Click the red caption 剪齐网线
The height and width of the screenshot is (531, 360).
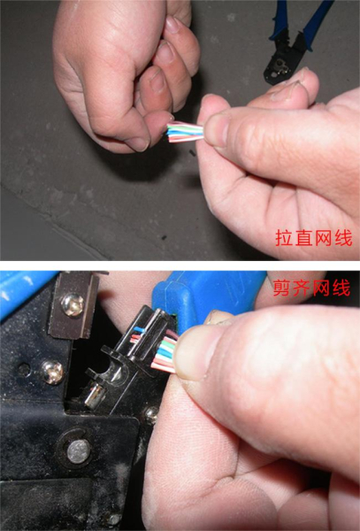[312, 288]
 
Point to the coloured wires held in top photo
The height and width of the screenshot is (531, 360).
[185, 133]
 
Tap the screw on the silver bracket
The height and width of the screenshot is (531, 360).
[73, 304]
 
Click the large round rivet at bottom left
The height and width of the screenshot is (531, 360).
[79, 451]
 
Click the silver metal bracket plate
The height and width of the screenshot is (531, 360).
[74, 301]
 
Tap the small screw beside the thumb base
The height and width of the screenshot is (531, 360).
[151, 412]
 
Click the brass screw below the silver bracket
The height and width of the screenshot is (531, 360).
[52, 372]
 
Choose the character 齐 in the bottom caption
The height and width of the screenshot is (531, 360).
[303, 288]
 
